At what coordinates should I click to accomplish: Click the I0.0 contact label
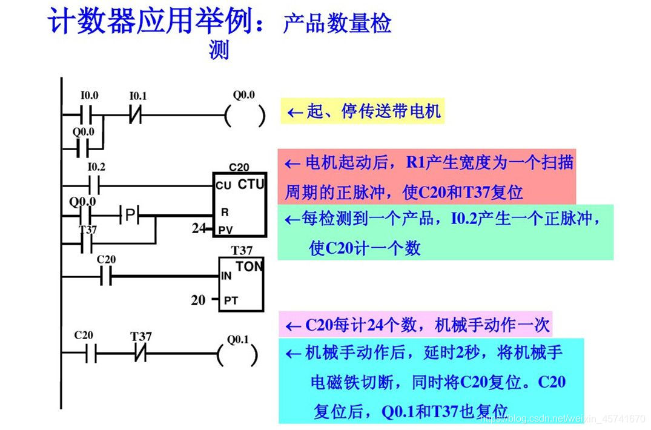89,96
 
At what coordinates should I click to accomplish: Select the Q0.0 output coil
245,115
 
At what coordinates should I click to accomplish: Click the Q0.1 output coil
238,354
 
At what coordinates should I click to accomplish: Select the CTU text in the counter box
251,184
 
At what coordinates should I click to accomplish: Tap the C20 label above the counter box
239,167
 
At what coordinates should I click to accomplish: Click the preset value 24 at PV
198,229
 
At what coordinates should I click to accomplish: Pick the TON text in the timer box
249,266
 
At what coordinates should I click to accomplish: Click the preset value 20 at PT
198,299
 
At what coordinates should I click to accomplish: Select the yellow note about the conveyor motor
362,112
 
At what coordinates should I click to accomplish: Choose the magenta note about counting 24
418,325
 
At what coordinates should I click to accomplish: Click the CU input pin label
223,186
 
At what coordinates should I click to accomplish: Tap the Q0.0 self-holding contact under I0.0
83,147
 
